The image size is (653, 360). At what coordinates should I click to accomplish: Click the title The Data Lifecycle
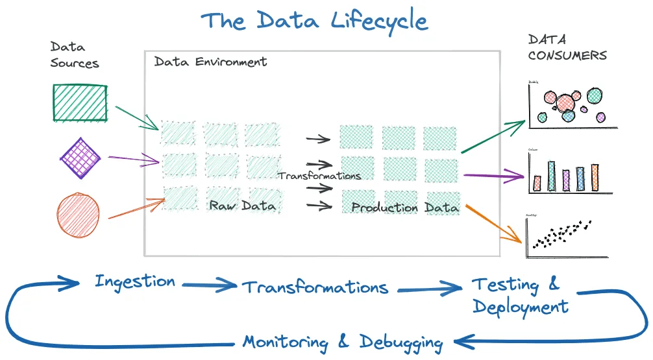(315, 21)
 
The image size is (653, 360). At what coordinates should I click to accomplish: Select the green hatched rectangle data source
(79, 102)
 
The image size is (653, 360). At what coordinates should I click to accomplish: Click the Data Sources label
(74, 55)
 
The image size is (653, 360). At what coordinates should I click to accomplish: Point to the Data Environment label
(210, 62)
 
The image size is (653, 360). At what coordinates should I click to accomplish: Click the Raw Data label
(242, 206)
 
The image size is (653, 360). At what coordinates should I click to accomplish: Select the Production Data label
(405, 208)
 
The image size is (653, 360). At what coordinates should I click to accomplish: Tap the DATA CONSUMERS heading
(567, 47)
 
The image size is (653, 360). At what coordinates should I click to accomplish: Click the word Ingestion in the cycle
(135, 282)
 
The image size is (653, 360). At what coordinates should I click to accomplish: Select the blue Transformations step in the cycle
(315, 287)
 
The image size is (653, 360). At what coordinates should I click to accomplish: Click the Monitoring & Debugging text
(343, 342)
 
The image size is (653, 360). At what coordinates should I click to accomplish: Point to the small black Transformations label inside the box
(319, 176)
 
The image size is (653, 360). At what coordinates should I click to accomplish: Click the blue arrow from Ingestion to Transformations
(209, 283)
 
